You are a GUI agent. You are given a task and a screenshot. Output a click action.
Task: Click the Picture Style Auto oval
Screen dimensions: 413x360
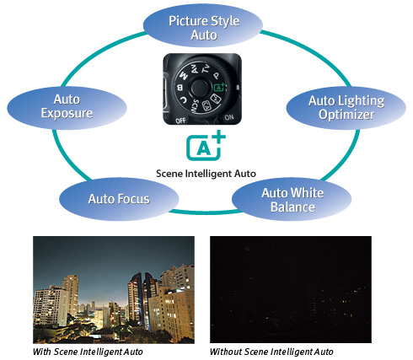[203, 25]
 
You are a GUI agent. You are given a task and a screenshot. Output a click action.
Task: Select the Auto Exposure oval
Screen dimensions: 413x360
[67, 108]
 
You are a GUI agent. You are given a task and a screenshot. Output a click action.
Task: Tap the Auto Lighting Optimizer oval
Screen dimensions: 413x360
[346, 108]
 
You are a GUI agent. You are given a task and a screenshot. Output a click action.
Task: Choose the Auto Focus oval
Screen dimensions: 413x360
[119, 199]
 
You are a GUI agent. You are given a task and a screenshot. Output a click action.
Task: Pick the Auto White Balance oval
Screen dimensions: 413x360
[292, 199]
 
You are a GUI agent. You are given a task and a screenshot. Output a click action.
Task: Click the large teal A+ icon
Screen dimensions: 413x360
[205, 146]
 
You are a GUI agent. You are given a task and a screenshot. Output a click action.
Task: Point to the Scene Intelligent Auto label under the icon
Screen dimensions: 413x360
[206, 174]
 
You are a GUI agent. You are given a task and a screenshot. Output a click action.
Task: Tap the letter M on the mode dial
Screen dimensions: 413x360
[184, 75]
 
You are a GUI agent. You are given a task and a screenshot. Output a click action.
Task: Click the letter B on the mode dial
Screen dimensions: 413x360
[180, 88]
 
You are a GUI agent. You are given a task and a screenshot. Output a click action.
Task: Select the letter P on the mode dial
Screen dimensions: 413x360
[216, 76]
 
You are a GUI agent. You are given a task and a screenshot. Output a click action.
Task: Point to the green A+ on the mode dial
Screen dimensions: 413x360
[219, 87]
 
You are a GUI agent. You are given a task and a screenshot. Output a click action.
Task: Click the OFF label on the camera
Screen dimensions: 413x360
[180, 121]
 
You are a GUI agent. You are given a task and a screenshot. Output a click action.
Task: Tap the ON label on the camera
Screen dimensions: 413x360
[229, 117]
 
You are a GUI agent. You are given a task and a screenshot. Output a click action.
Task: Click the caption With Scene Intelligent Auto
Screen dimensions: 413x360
[88, 352]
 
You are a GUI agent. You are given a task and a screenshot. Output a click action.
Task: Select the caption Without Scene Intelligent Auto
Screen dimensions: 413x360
[271, 352]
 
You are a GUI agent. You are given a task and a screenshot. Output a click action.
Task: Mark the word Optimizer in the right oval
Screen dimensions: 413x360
[346, 115]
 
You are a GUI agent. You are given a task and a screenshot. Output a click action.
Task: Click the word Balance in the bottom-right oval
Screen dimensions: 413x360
[292, 207]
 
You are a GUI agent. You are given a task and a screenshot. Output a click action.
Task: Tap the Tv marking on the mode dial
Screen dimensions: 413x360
[206, 69]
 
